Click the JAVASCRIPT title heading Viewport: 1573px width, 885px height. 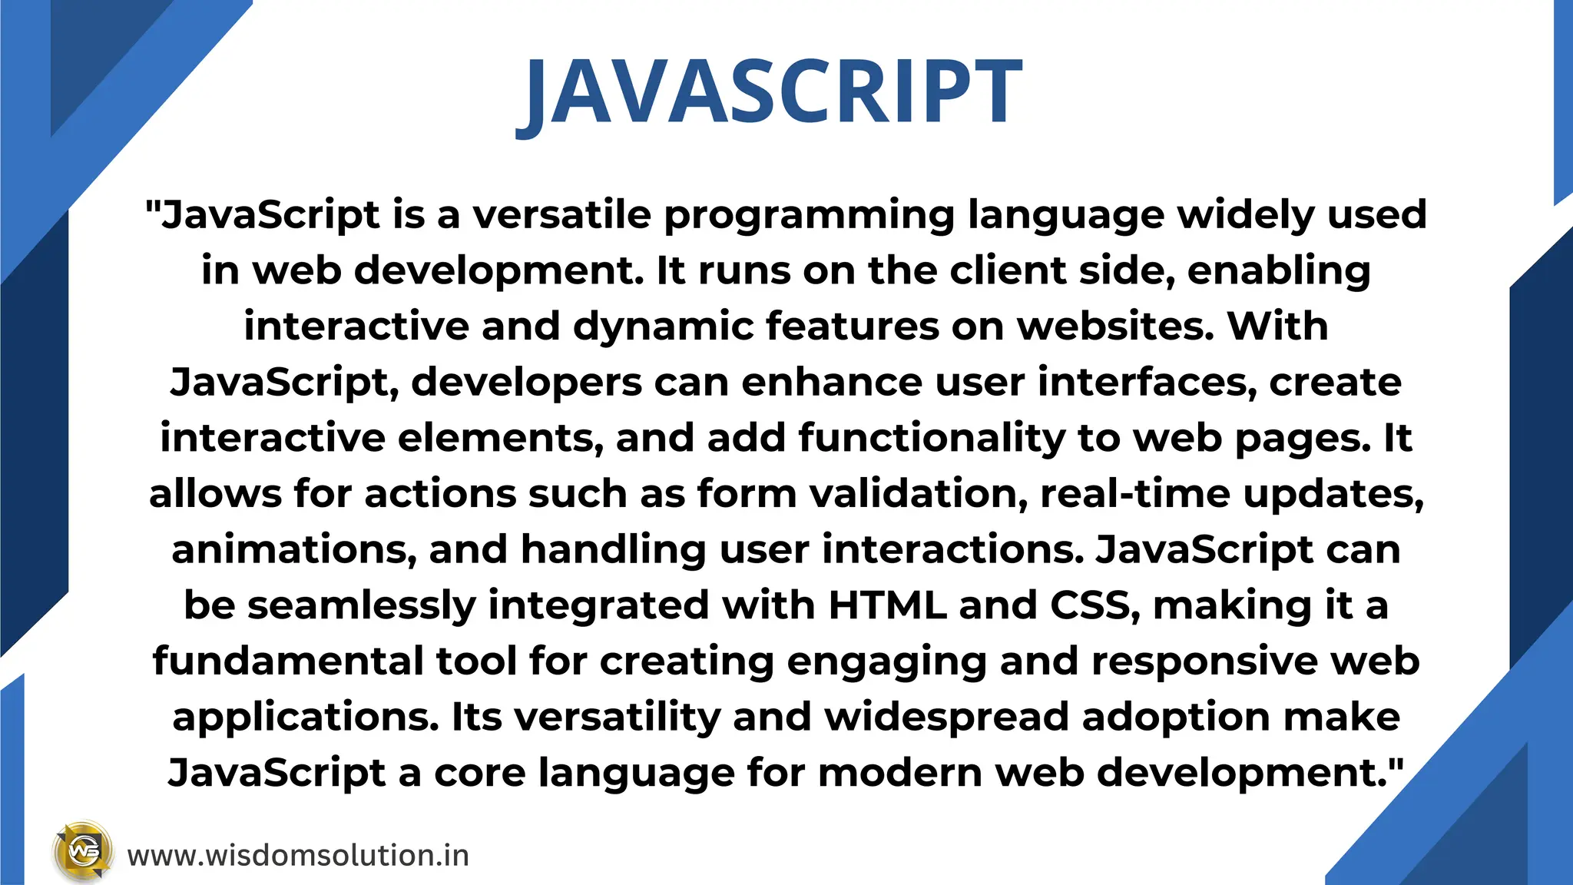click(x=770, y=94)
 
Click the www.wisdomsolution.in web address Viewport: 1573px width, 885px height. click(x=298, y=856)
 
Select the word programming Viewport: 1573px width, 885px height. click(x=809, y=216)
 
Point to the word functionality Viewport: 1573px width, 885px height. click(x=932, y=439)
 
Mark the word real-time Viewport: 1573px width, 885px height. click(x=1135, y=494)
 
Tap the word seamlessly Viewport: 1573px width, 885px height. click(x=361, y=606)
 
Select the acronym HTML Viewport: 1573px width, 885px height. click(x=887, y=605)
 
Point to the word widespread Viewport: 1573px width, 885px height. click(x=946, y=718)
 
